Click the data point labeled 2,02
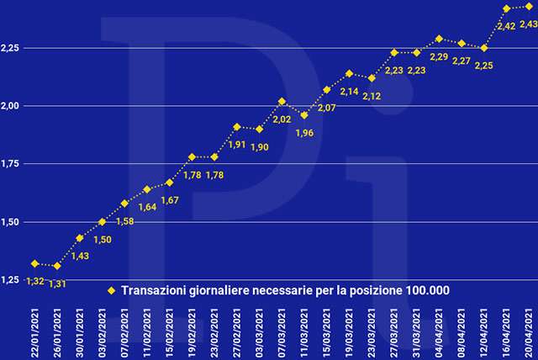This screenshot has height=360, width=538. tap(282, 101)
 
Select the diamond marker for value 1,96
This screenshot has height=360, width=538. tap(304, 115)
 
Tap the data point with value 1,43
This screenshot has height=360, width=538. tap(80, 238)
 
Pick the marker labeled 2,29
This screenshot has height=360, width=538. tap(439, 39)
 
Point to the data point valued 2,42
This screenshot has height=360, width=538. tap(506, 8)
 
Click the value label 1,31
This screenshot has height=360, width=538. tap(58, 283)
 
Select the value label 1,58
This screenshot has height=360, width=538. tap(124, 221)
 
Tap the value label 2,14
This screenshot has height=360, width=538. tap(349, 91)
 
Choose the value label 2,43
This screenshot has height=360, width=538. tap(528, 24)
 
